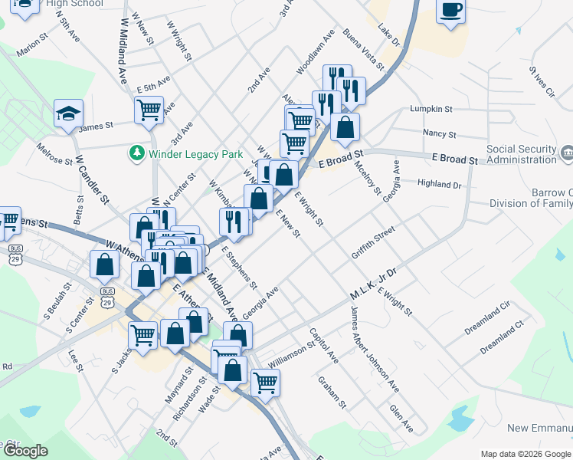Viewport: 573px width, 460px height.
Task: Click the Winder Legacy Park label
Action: tap(195, 154)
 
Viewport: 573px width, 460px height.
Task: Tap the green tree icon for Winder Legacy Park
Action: tap(137, 153)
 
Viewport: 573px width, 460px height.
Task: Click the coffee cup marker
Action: tap(451, 10)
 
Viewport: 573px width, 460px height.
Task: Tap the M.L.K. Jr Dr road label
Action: tap(373, 284)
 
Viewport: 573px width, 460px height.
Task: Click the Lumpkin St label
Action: tap(432, 110)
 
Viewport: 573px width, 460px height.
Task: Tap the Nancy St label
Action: tap(440, 133)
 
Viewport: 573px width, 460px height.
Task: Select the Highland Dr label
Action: tap(440, 184)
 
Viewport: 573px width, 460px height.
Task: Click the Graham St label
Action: tap(333, 392)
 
